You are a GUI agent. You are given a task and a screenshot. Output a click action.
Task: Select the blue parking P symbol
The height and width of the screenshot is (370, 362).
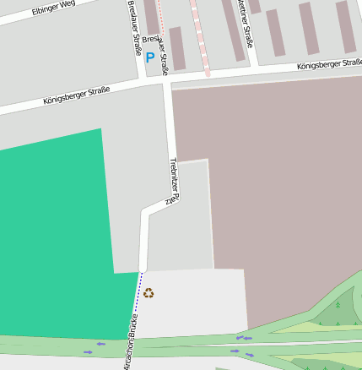[150, 57]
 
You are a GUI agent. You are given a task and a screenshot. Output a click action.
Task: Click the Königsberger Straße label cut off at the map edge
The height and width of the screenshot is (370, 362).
[329, 63]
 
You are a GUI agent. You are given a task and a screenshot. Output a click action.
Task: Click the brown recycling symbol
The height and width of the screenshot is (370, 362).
[149, 293]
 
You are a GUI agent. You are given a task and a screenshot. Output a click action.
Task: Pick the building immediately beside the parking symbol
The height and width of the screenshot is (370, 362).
[176, 47]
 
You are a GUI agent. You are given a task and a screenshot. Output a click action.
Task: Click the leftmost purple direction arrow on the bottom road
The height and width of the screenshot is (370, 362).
[88, 351]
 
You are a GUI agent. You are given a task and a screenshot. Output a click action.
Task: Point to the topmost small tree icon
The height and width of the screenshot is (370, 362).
[337, 303]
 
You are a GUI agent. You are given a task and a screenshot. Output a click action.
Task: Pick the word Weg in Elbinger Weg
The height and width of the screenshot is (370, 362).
[67, 7]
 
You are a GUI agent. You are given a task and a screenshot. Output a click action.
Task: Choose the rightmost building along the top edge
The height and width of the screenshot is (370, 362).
[346, 25]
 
